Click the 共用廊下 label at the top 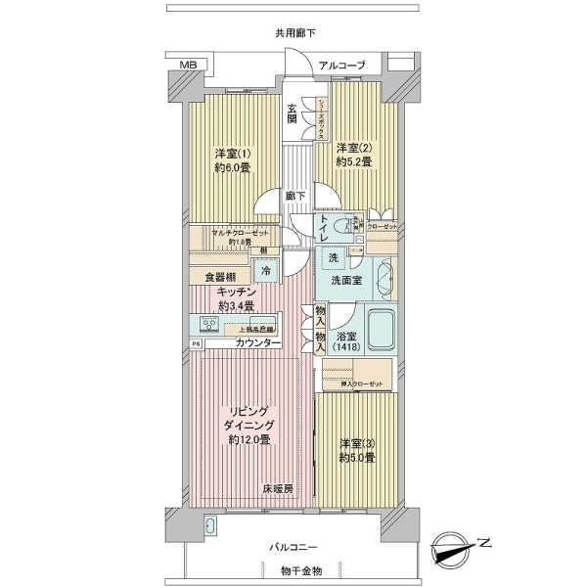293,32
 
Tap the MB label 188,66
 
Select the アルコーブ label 341,66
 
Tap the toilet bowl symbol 342,226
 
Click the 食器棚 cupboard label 220,277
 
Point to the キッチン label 237,292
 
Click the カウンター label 257,343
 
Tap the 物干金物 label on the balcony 293,570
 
